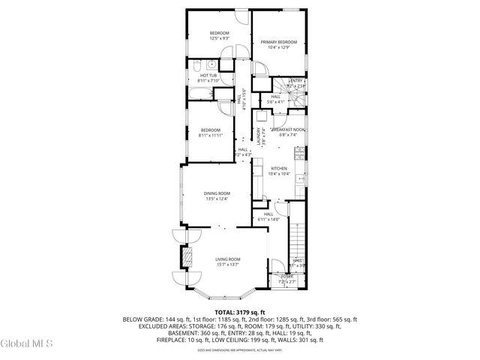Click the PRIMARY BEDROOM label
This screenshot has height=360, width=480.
[279, 42]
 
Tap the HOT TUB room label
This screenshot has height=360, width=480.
[208, 75]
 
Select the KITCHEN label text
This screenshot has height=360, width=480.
[279, 168]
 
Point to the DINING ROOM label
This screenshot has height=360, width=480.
[217, 193]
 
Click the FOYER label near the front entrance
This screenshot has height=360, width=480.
[287, 276]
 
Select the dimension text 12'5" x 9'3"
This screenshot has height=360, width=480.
[219, 37]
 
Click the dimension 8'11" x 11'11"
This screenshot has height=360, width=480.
[211, 136]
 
